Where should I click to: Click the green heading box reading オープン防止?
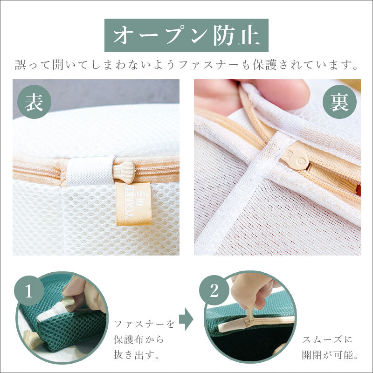[186, 35]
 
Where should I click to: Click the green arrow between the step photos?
[186, 319]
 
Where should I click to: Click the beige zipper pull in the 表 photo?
[125, 171]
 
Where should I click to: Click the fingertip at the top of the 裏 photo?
[280, 91]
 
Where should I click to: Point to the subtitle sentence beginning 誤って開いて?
[186, 65]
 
